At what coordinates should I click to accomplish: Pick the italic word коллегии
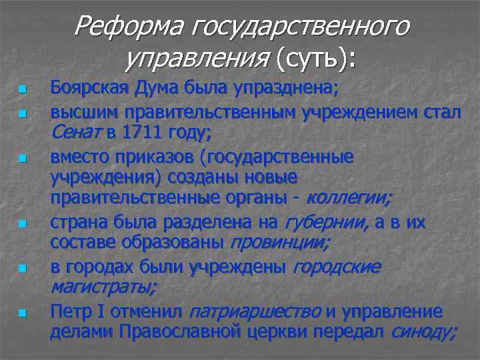click(349, 198)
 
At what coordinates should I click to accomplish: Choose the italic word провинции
click(279, 243)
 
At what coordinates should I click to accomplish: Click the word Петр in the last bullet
click(68, 311)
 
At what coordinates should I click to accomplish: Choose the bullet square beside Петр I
click(21, 313)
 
